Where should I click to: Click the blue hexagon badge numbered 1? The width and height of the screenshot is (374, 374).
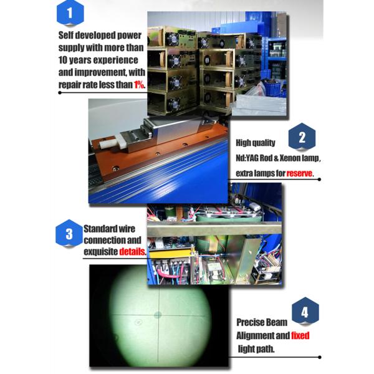coord(70,13)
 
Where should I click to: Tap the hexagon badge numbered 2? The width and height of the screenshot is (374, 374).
coord(302,137)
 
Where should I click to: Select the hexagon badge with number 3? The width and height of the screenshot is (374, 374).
coord(69,233)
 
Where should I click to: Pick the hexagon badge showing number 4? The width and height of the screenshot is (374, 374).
coord(305,311)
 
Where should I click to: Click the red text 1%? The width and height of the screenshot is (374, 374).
coord(139,84)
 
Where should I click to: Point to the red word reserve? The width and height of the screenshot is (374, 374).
coord(299,173)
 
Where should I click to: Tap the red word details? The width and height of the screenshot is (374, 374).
coord(132,251)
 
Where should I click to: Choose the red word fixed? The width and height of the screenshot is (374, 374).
coord(300,335)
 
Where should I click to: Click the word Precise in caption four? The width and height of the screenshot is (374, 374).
coord(248,322)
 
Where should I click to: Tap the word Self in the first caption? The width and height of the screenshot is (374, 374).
coord(64,36)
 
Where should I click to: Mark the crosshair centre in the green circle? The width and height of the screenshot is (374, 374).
coord(158,315)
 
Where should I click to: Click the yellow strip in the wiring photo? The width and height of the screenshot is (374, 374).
coord(170,252)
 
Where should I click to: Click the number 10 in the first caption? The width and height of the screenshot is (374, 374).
coord(63,60)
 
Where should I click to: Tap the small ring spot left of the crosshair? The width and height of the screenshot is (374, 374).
coord(138,322)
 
